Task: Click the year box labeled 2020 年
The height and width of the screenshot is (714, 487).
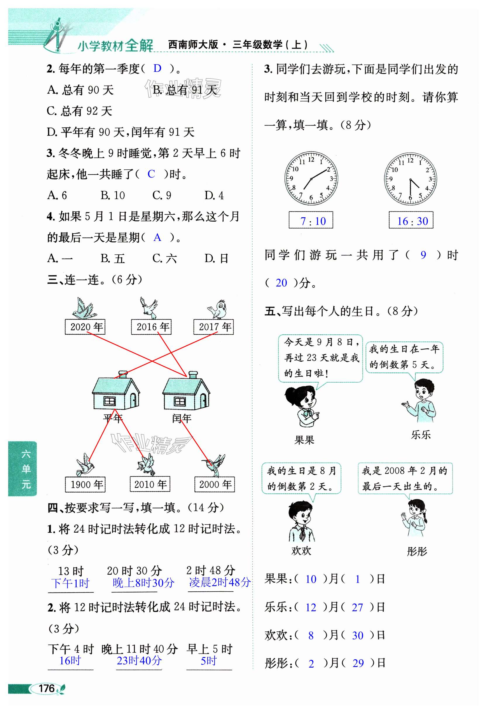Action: click(x=85, y=327)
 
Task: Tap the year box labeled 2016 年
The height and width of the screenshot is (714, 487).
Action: click(x=151, y=327)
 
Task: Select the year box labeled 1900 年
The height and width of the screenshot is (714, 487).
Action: click(x=85, y=484)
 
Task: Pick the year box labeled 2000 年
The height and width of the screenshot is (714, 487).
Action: click(x=214, y=484)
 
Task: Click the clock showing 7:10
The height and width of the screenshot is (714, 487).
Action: click(x=311, y=178)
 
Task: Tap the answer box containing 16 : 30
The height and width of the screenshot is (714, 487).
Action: click(x=411, y=220)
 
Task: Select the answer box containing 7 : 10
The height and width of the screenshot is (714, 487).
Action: click(x=311, y=220)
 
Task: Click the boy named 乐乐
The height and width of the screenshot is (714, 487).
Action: click(x=421, y=401)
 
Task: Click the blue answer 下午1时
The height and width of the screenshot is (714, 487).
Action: click(x=70, y=583)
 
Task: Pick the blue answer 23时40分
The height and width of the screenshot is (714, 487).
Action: click(x=139, y=660)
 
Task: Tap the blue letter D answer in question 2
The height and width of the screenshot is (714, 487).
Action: click(x=157, y=68)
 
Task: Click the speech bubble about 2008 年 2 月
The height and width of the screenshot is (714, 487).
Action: click(x=405, y=478)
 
